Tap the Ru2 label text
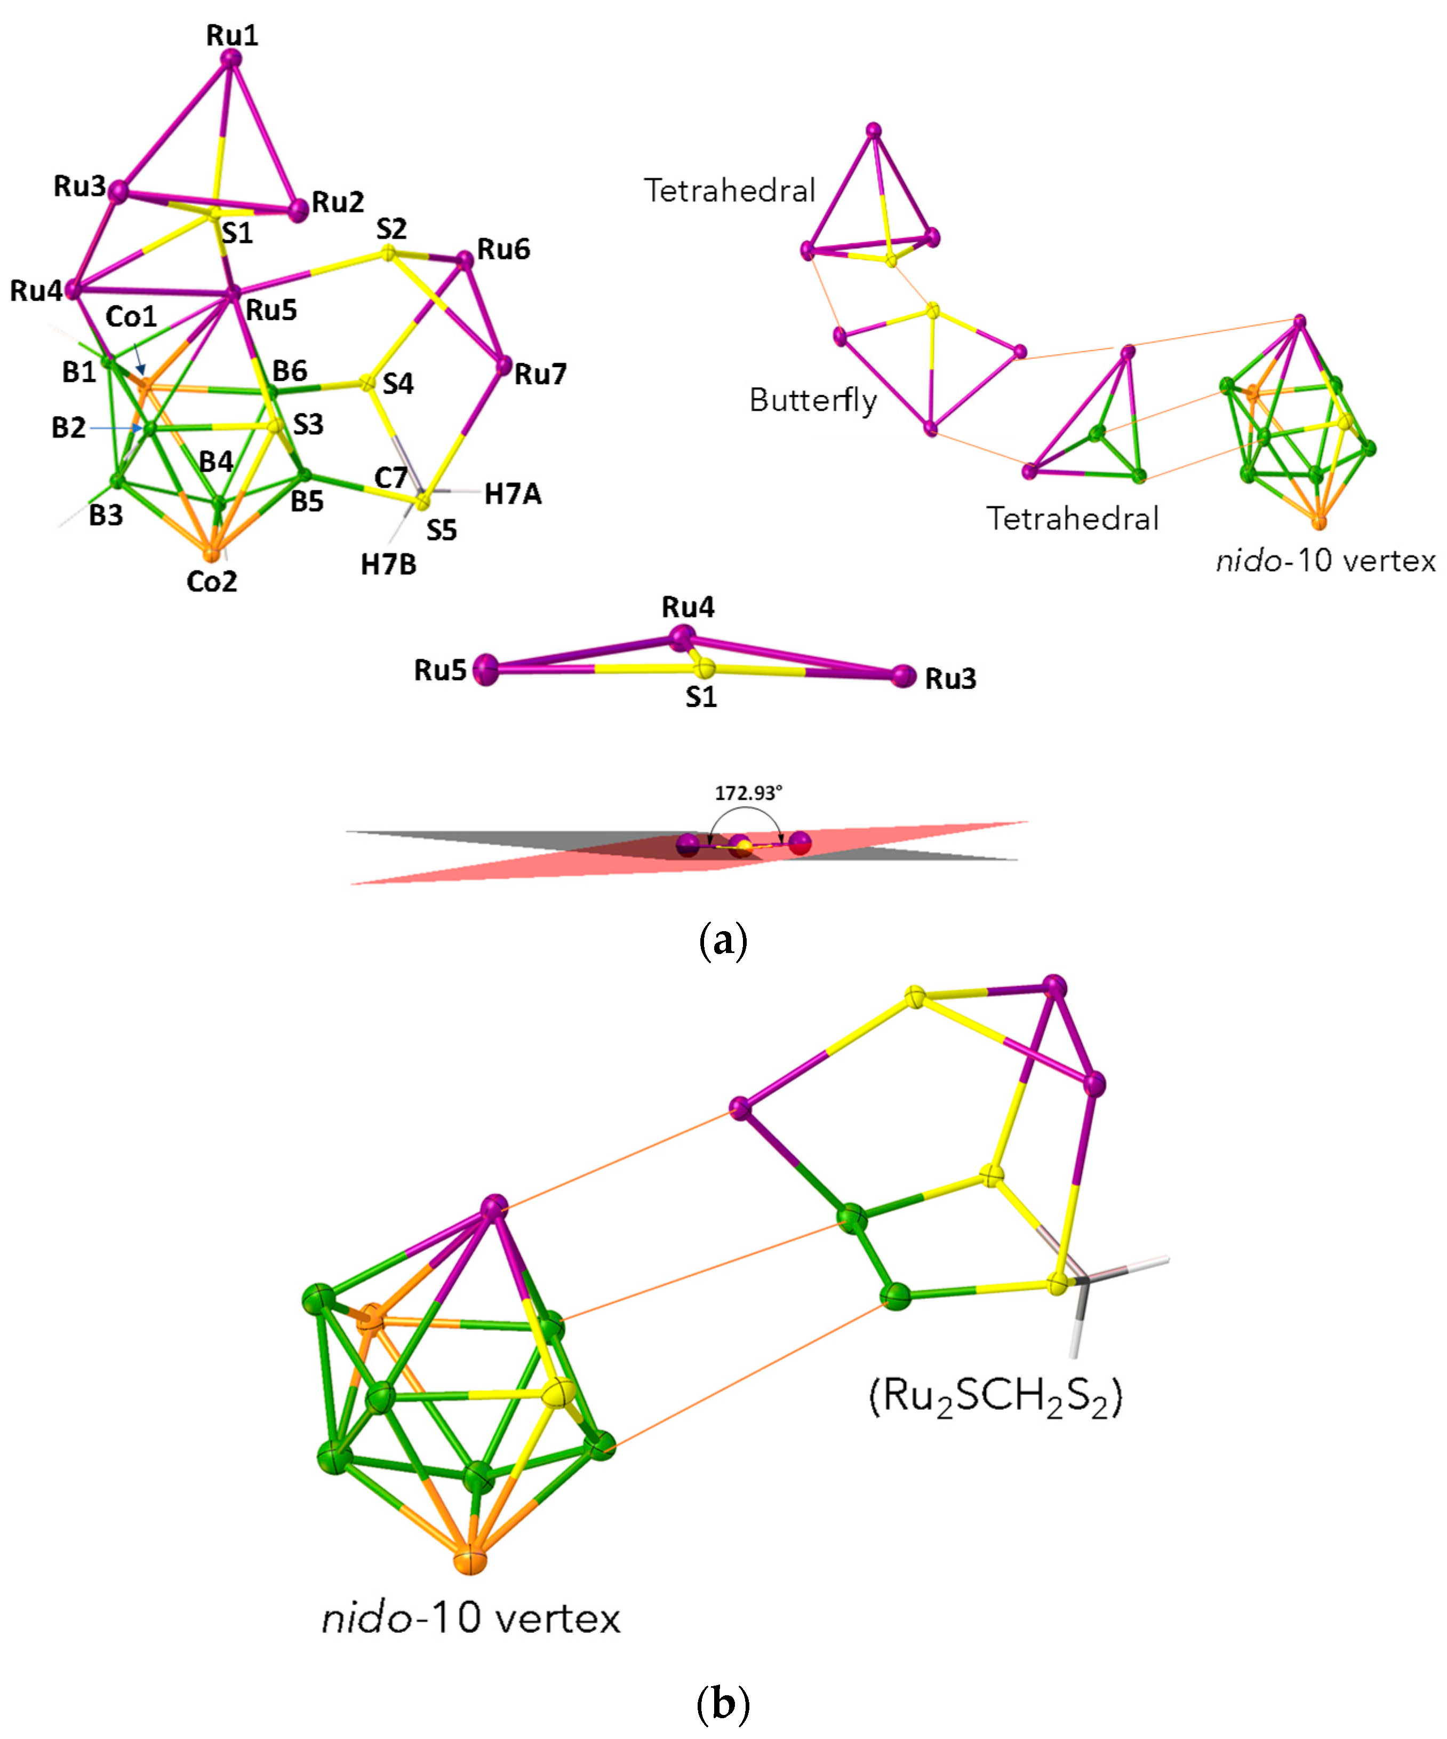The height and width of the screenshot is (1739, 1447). tap(338, 202)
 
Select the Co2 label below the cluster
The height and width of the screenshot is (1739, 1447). tap(212, 581)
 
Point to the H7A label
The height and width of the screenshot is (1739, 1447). tap(513, 494)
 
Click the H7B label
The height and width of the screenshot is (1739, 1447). tap(388, 565)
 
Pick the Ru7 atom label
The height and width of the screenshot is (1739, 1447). tap(540, 374)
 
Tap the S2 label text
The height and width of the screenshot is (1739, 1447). tap(391, 228)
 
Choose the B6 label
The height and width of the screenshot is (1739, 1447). tap(290, 370)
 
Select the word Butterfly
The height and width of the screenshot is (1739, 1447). tap(812, 401)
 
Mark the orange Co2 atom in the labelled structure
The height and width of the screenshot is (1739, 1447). tap(212, 553)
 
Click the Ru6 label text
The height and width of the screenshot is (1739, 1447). tap(503, 249)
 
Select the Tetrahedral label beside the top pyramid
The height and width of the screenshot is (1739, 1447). tap(729, 191)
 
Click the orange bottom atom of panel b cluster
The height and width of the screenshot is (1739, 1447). tap(469, 1560)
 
